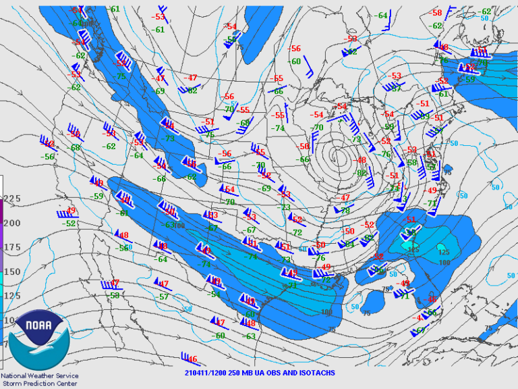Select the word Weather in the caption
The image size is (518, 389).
46,376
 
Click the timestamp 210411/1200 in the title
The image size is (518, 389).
205,373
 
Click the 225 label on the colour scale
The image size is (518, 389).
11,199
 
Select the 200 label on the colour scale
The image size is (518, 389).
11,223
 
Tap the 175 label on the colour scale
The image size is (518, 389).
11,247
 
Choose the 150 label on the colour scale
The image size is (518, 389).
11,271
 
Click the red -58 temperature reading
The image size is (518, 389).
436,13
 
